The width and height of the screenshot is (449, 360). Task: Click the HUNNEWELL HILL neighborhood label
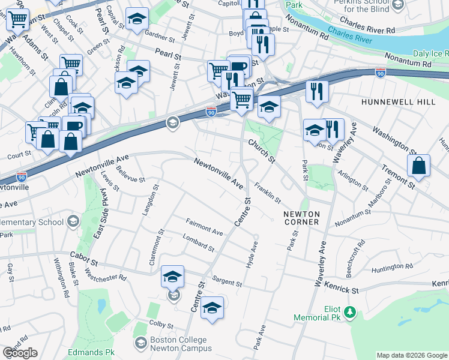coord(398,102)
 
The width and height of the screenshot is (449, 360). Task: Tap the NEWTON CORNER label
coord(302,218)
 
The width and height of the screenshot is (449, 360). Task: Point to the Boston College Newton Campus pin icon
coord(140,343)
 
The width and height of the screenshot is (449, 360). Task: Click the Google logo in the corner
coord(20,353)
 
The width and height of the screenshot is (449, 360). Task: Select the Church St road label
coord(262,152)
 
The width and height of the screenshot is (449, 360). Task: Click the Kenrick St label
coord(342,290)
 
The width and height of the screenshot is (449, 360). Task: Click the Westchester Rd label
coord(106,274)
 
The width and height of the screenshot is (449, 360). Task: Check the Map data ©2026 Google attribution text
coord(412,355)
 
